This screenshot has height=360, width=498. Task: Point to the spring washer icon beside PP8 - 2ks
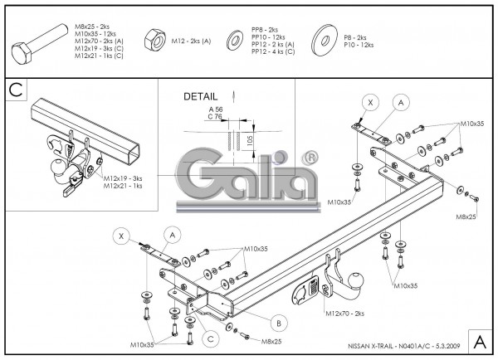(237, 40)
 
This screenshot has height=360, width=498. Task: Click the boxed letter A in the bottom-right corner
(480, 341)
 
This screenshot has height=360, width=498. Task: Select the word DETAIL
(199, 97)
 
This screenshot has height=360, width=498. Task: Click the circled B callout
(278, 323)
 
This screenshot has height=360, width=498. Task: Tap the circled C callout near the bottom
(211, 338)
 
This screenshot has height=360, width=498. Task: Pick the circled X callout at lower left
(122, 236)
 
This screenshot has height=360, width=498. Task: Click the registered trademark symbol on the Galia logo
(310, 155)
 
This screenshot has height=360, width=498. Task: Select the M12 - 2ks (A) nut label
(189, 40)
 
